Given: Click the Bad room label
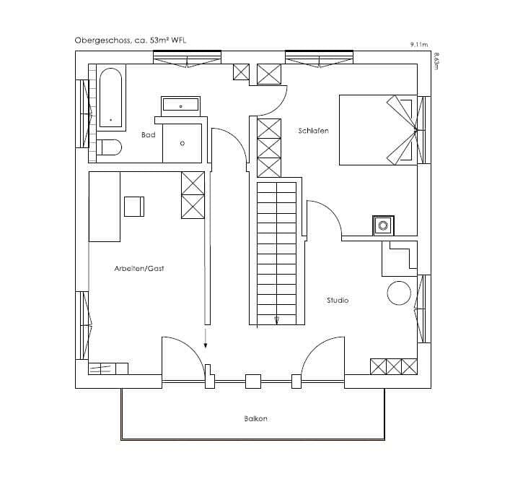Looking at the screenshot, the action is coord(149,134).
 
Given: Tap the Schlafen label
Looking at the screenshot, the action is coord(314,131).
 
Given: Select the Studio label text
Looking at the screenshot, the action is coord(338,300).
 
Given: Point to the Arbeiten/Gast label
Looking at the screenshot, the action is coord(139,268).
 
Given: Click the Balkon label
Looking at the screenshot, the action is coord(255,418).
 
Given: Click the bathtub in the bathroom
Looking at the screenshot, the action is coord(111,98).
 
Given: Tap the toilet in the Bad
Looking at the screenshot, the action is coord(110,147).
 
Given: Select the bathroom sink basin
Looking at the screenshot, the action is coord(180,105).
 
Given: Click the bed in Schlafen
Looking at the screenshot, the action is coord(378,130).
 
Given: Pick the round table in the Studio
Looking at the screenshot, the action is coord(399,293).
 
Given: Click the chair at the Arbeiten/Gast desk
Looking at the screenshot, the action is coord(134,207).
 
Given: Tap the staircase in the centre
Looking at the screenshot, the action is coord(277,254).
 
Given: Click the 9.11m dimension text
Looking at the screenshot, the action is coord(419,45).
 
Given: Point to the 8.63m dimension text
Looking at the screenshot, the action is coord(436,61).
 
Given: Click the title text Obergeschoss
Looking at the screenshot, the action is coord(103,40).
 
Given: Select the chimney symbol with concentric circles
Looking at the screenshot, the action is coord(383,225).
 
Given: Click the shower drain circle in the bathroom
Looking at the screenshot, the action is coord(183,143).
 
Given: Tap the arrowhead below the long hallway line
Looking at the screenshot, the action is coord(206,345).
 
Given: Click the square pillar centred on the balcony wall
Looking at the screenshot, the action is coord(253,382).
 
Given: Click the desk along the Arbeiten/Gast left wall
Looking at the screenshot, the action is coord(105,207).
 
